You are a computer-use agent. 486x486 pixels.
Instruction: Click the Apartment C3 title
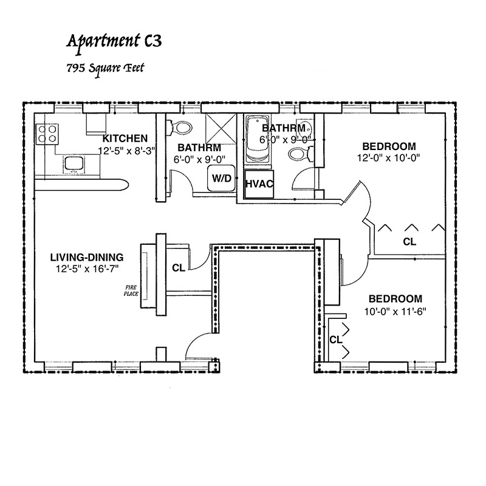pyautogui.click(x=114, y=41)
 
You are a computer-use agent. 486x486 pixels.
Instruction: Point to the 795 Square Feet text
pyautogui.click(x=105, y=67)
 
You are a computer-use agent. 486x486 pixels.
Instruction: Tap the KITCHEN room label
pyautogui.click(x=125, y=139)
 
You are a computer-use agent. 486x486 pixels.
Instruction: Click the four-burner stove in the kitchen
pyautogui.click(x=47, y=134)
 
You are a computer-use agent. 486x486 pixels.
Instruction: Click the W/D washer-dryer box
pyautogui.click(x=221, y=178)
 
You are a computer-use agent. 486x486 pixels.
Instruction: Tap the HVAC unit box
pyautogui.click(x=259, y=184)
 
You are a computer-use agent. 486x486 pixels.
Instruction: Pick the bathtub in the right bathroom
pyautogui.click(x=258, y=139)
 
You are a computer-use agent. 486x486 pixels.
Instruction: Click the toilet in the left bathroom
pyautogui.click(x=180, y=128)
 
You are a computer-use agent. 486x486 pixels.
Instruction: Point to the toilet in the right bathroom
pyautogui.click(x=301, y=154)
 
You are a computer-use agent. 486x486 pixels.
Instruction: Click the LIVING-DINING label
pyautogui.click(x=87, y=257)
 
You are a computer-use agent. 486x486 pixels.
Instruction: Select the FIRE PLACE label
pyautogui.click(x=131, y=291)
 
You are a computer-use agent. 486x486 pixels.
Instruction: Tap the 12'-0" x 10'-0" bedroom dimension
pyautogui.click(x=388, y=158)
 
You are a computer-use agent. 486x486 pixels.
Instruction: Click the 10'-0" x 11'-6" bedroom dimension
pyautogui.click(x=395, y=312)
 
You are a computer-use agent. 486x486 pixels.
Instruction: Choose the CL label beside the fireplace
pyautogui.click(x=179, y=268)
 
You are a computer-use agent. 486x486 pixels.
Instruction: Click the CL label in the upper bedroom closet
pyautogui.click(x=409, y=241)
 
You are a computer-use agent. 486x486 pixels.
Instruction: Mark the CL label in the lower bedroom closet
pyautogui.click(x=336, y=340)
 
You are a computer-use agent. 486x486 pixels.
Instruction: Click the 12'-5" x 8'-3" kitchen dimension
pyautogui.click(x=127, y=151)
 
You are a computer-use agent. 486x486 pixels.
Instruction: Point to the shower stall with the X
pyautogui.click(x=221, y=129)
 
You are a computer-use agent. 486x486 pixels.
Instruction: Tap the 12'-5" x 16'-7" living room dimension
pyautogui.click(x=87, y=269)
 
